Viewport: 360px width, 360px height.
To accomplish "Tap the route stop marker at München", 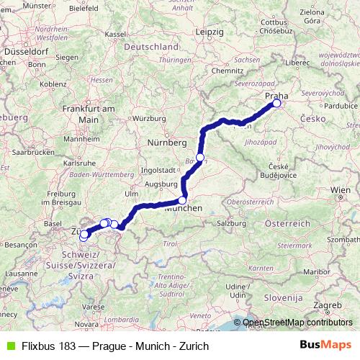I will [183, 201].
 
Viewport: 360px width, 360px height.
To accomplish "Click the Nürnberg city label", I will [163, 141].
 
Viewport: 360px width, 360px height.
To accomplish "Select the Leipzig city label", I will [210, 32].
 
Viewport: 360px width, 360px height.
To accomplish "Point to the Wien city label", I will [340, 189].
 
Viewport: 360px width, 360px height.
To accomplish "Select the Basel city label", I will [52, 224].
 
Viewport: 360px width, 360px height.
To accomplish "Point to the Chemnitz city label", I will [228, 71].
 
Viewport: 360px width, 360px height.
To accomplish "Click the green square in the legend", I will [9, 346].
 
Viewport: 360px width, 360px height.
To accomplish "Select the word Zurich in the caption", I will [192, 346].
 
